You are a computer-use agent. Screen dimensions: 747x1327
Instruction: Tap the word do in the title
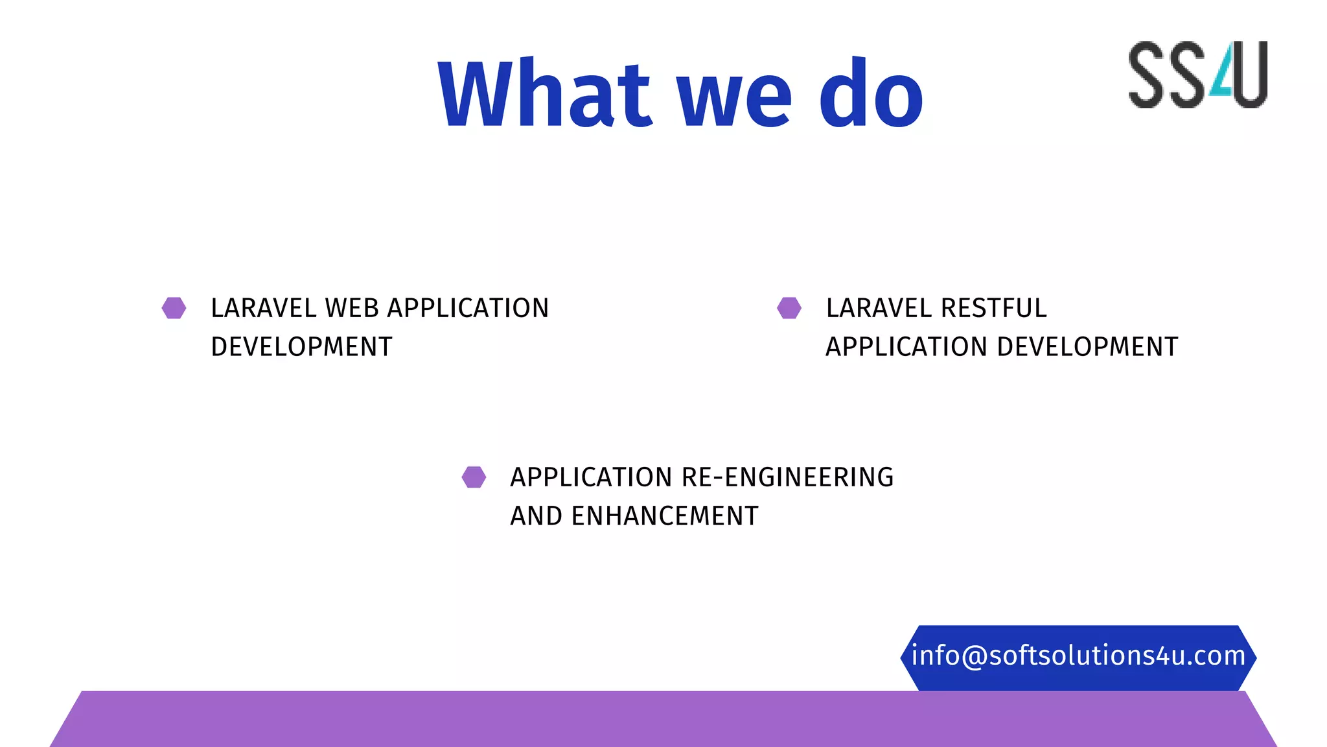870,94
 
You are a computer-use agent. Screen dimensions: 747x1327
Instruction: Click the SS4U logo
1197,75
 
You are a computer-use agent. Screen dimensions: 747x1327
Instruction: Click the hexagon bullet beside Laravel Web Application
174,308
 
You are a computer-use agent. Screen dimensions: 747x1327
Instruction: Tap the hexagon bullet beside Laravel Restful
789,308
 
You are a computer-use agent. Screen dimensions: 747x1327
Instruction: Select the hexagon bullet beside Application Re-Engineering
474,477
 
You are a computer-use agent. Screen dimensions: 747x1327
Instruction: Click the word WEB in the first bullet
352,308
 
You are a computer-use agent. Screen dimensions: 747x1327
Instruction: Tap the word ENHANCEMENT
664,516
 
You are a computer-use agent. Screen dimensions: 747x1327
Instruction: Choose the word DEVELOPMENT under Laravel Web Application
301,347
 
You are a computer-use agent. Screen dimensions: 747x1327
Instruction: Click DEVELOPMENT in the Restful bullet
1087,347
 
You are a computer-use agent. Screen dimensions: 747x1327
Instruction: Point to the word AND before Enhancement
536,516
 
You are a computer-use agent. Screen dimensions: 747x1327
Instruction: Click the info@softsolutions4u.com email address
1078,656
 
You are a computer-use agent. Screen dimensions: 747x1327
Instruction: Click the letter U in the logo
1250,75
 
